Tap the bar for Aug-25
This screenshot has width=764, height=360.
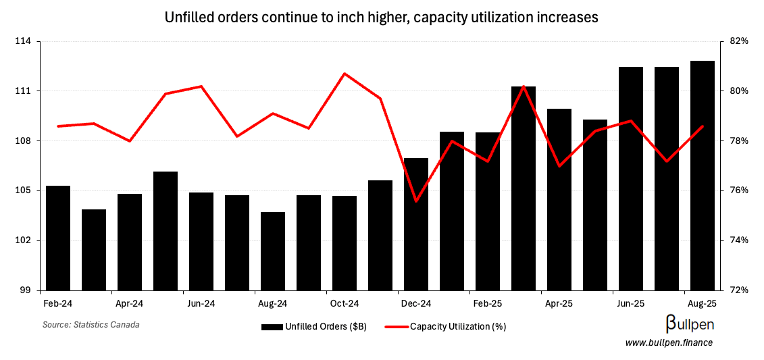(703, 176)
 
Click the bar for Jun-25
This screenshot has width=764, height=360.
(631, 178)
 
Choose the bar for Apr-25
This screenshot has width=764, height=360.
(559, 199)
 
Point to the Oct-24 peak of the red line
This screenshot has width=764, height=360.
(345, 73)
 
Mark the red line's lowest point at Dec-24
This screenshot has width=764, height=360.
(416, 201)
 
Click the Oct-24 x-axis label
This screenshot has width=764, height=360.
(345, 304)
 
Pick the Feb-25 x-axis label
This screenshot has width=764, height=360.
(488, 304)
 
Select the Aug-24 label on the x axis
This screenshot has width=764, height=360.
(273, 304)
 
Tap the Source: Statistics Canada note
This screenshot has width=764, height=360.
(91, 325)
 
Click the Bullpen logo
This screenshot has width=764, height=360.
(690, 324)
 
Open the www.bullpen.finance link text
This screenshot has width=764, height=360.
(669, 343)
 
